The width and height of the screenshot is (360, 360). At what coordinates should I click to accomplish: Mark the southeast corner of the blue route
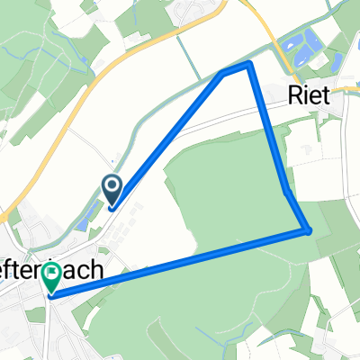pyautogui.click(x=310, y=231)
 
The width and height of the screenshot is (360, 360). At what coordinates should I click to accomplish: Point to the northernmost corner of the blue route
pyautogui.click(x=247, y=65)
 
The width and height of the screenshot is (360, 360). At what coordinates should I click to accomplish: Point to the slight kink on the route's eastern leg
pyautogui.click(x=285, y=192)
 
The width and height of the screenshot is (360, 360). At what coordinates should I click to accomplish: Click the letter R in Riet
pyautogui.click(x=295, y=95)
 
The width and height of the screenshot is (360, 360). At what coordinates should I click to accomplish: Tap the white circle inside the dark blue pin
pyautogui.click(x=112, y=186)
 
